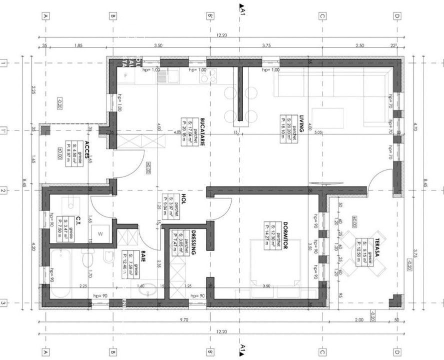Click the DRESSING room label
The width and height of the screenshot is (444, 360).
(x=193, y=243)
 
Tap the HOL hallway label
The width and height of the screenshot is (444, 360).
(x=184, y=198)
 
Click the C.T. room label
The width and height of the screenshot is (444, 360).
(x=79, y=221)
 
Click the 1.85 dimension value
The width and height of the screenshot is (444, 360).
(x=78, y=45)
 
